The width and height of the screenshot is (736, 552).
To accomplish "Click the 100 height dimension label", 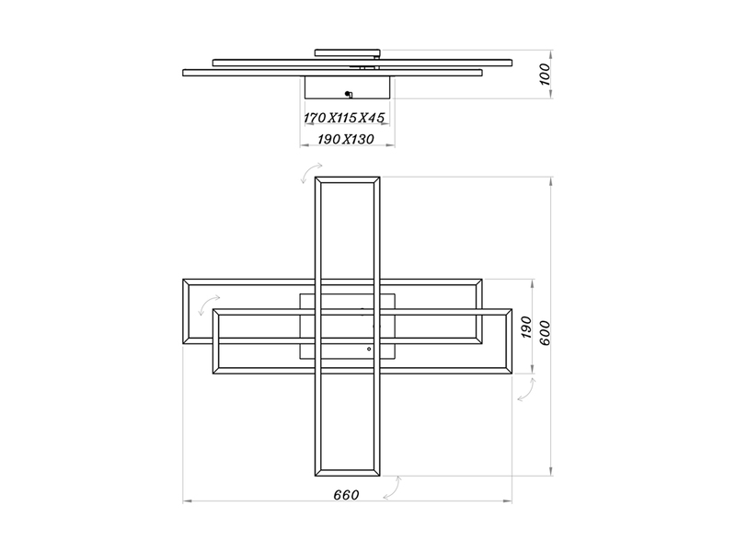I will [x=545, y=74].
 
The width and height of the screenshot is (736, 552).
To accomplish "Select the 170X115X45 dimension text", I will [x=343, y=118].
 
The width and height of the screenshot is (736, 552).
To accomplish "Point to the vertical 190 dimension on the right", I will [x=526, y=327].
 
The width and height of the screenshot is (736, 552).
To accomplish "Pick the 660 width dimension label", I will [x=346, y=494].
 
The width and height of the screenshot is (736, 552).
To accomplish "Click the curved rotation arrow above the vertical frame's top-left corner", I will [x=307, y=176].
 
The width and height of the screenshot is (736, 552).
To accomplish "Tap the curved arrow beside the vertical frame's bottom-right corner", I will [x=391, y=487].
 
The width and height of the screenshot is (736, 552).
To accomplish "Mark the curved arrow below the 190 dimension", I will [x=526, y=391].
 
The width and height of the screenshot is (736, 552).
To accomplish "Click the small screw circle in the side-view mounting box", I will [x=348, y=94].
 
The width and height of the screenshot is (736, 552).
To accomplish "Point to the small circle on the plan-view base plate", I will [x=369, y=350].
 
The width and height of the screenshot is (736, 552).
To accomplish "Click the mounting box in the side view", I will [x=348, y=88].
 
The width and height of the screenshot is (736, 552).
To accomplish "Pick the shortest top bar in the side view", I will [x=347, y=52].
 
